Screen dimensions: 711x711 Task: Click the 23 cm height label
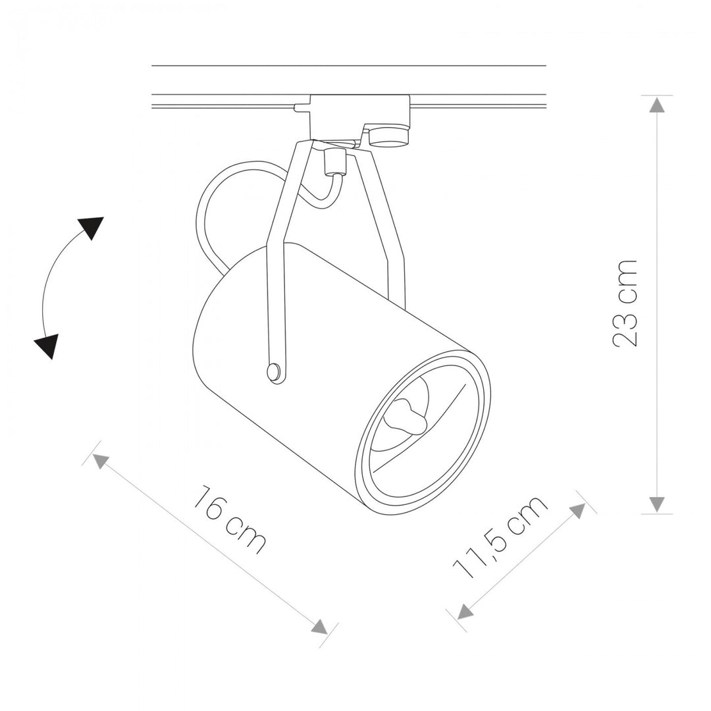pos(625,303)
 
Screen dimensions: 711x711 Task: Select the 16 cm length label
pos(229,519)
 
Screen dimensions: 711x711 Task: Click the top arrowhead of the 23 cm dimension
pos(657,105)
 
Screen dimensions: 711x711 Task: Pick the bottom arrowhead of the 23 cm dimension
pos(657,504)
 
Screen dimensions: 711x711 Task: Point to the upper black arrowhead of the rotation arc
pos(92,227)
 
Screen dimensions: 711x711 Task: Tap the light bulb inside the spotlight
pos(405,415)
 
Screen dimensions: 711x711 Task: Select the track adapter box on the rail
pos(360,117)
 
